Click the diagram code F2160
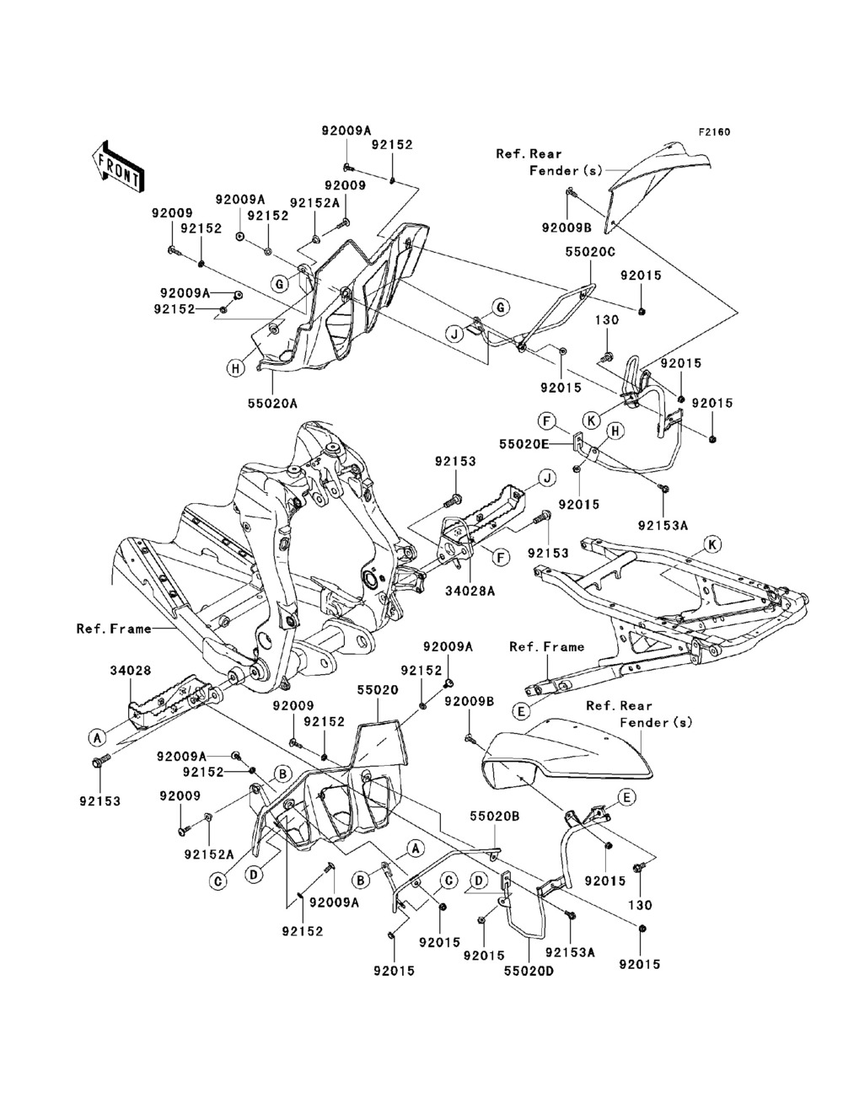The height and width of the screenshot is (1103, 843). tap(713, 132)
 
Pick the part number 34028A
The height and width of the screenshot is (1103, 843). tap(472, 592)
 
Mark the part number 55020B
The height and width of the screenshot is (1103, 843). tap(496, 817)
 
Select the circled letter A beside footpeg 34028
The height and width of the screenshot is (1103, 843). tap(98, 737)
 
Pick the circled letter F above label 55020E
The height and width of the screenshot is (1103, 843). tap(546, 419)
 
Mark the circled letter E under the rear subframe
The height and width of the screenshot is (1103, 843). tap(522, 710)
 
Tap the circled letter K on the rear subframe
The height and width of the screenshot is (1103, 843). tap(712, 544)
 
